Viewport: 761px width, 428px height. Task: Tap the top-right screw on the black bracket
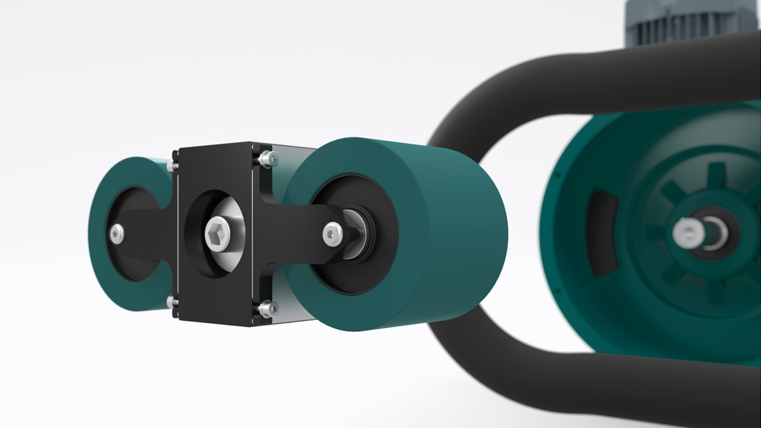pos(267,158)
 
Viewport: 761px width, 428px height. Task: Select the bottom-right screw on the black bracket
pos(267,308)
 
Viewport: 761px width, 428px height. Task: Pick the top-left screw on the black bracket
pos(174,164)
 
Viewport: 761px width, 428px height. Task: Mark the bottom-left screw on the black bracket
pos(173,302)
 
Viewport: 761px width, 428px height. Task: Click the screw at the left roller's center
pos(116,234)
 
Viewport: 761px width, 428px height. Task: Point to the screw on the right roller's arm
pos(332,234)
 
